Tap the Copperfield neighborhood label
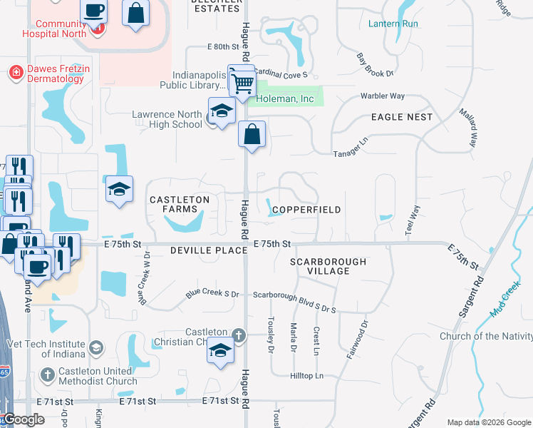tap(306, 210)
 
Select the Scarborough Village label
tap(328, 266)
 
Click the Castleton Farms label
tap(179, 205)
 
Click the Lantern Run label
tap(393, 24)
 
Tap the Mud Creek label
tap(505, 302)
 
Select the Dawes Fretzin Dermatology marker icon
tap(15, 72)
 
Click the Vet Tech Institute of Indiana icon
tap(95, 348)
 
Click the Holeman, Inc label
tap(285, 99)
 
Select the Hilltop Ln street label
tap(306, 376)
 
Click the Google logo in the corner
tap(24, 419)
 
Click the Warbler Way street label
tap(382, 96)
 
